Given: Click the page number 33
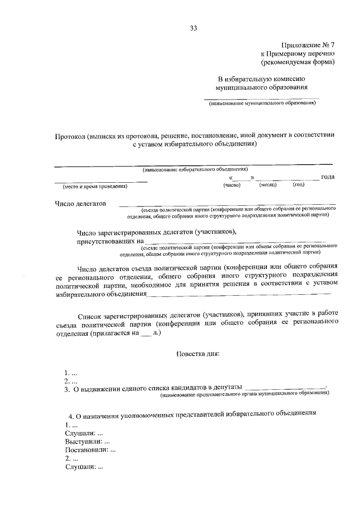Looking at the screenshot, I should coord(193,28).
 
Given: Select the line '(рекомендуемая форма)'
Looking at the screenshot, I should coord(301,62).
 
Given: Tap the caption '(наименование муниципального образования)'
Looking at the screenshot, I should coord(262,104).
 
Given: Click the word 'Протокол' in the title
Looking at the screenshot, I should coord(70,136).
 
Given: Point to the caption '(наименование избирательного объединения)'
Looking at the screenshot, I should coord(195,169).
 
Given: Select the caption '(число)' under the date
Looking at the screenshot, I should coord(232,184).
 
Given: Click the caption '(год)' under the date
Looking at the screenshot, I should coord(299,184).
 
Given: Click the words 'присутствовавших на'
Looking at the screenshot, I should coord(107,241).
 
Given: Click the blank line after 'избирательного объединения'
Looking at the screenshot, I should coord(239,294).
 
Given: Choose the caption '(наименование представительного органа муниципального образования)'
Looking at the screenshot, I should coord(245,395).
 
